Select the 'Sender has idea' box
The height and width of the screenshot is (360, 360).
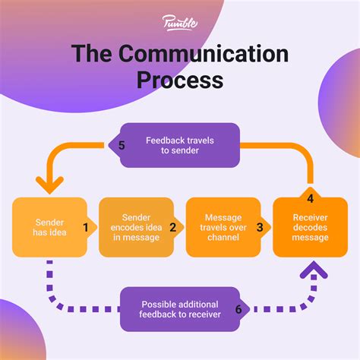[x=46, y=226]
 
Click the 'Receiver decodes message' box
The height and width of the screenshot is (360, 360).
[x=310, y=226]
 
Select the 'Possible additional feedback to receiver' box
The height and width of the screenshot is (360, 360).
[x=181, y=309]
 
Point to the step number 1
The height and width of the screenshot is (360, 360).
[x=87, y=227]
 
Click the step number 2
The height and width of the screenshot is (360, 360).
[x=174, y=227]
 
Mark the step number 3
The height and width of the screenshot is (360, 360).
[x=261, y=227]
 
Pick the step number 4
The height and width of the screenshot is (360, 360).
[x=311, y=200]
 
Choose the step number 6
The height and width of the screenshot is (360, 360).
[x=238, y=309]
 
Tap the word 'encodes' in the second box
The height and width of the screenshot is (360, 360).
[x=125, y=226]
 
